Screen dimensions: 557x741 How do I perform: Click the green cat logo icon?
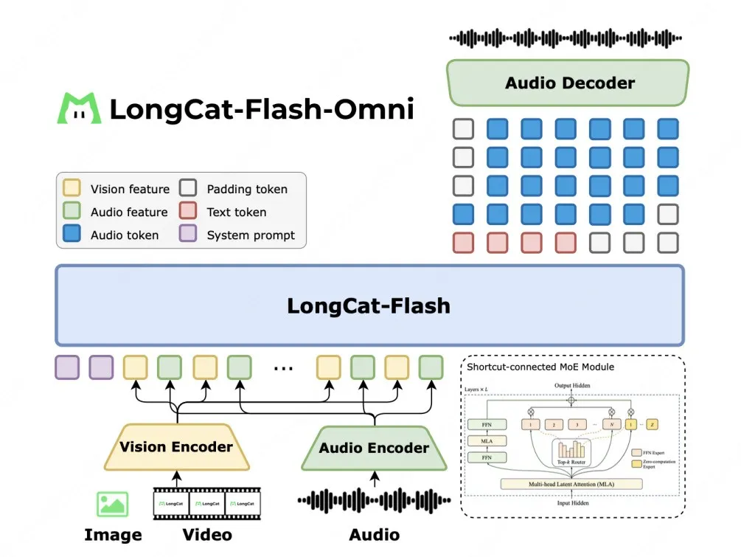pyautogui.click(x=80, y=108)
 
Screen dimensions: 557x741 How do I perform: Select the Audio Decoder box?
pyautogui.click(x=568, y=83)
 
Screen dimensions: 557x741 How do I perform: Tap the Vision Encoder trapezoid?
pyautogui.click(x=176, y=446)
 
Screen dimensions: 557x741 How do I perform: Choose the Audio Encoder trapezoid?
pyautogui.click(x=374, y=448)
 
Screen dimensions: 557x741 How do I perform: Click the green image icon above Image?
pyautogui.click(x=112, y=504)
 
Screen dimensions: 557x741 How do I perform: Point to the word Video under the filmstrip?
pyautogui.click(x=207, y=535)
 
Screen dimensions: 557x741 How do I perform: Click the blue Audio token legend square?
pyautogui.click(x=72, y=235)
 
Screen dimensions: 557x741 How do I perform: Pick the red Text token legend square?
pyautogui.click(x=188, y=212)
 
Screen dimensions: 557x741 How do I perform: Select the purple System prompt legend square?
pyautogui.click(x=188, y=235)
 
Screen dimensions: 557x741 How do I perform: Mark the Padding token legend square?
pyautogui.click(x=188, y=189)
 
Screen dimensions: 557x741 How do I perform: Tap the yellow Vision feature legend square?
pyautogui.click(x=72, y=189)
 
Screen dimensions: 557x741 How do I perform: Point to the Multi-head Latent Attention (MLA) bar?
pyautogui.click(x=571, y=484)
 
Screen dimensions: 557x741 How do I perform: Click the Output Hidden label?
pyautogui.click(x=572, y=386)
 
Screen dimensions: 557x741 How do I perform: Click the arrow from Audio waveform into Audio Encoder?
pyautogui.click(x=375, y=480)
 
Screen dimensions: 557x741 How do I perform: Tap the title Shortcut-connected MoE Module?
pyautogui.click(x=540, y=367)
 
